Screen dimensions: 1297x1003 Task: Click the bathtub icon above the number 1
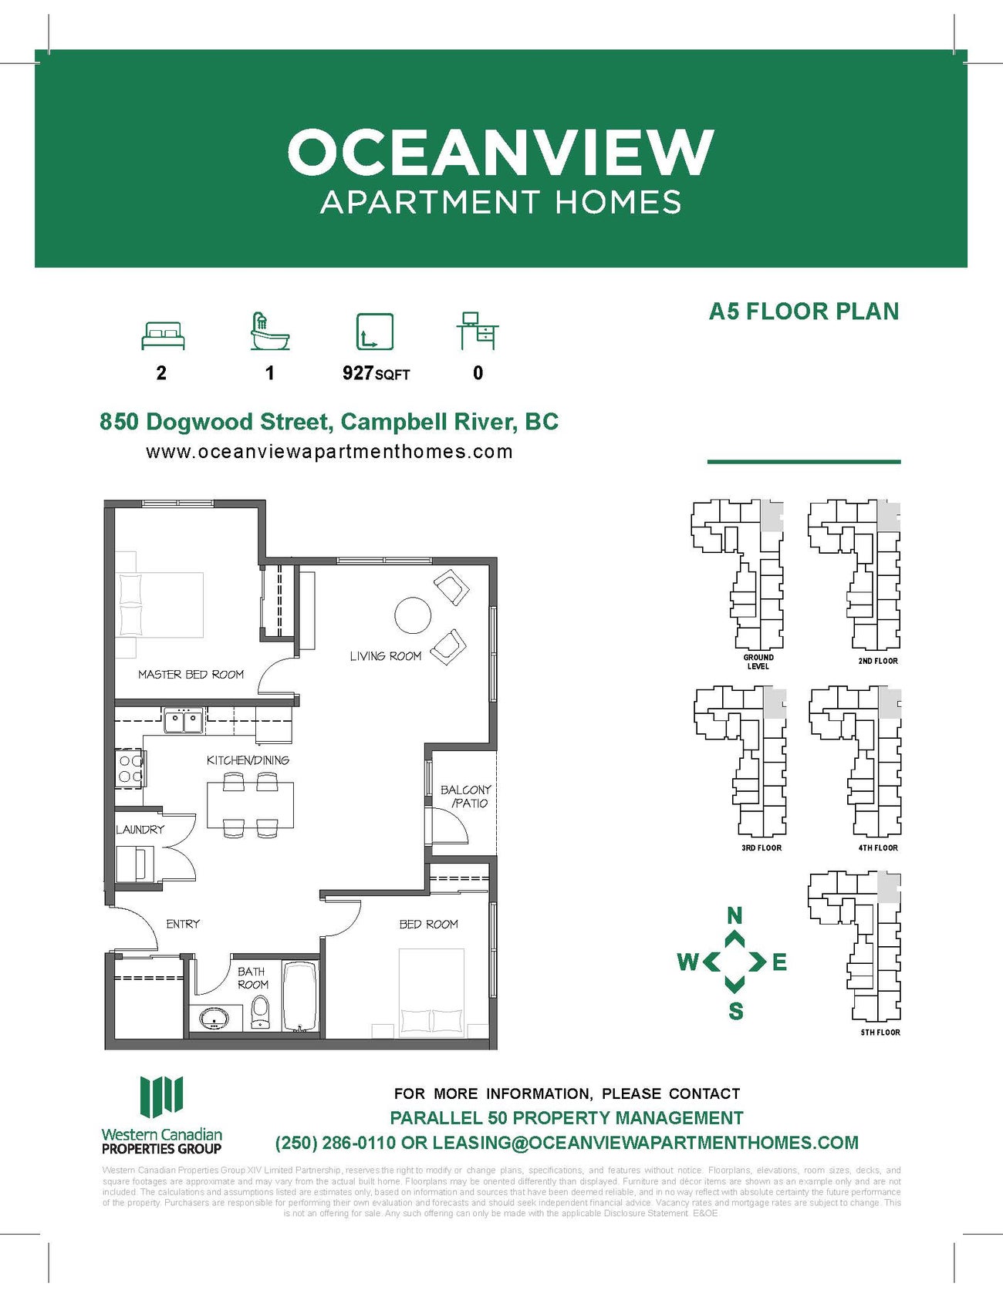[269, 332]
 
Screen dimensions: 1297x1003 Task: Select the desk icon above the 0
[478, 332]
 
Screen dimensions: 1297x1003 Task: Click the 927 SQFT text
[376, 373]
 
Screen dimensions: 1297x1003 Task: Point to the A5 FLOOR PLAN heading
[804, 312]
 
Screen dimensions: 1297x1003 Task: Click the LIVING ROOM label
[385, 656]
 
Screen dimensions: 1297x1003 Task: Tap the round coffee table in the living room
[413, 615]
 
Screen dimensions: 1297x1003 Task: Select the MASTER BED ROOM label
[191, 674]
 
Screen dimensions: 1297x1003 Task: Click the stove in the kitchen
[130, 769]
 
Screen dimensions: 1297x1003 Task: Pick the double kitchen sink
[184, 722]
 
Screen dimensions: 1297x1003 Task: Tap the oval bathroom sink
[214, 1019]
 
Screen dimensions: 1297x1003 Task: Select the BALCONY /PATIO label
[466, 796]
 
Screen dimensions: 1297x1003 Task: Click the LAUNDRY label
[140, 830]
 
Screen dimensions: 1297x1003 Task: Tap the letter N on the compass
[735, 915]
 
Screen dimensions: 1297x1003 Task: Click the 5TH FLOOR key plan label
[880, 1032]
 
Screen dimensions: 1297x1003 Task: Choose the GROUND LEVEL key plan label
[758, 662]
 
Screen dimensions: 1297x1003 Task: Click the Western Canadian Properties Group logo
[162, 1114]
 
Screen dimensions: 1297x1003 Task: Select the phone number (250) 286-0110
[336, 1142]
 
